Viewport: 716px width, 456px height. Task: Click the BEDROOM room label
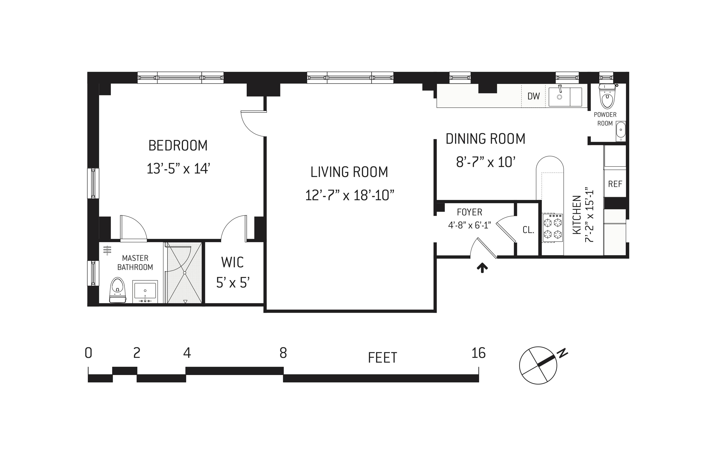click(x=178, y=145)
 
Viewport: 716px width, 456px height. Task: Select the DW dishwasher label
click(x=534, y=96)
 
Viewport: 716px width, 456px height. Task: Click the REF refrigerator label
click(x=615, y=184)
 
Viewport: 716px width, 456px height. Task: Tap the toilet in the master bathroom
click(x=118, y=290)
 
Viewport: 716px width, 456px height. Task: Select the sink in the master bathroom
click(x=145, y=291)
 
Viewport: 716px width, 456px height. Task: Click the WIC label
click(x=233, y=262)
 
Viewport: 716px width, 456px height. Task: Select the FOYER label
click(x=470, y=212)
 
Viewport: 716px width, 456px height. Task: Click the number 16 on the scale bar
click(x=478, y=353)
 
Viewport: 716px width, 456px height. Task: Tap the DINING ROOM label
click(x=486, y=139)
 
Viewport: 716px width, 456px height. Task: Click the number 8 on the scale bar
click(x=283, y=353)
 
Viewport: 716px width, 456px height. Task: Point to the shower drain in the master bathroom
click(x=184, y=273)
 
